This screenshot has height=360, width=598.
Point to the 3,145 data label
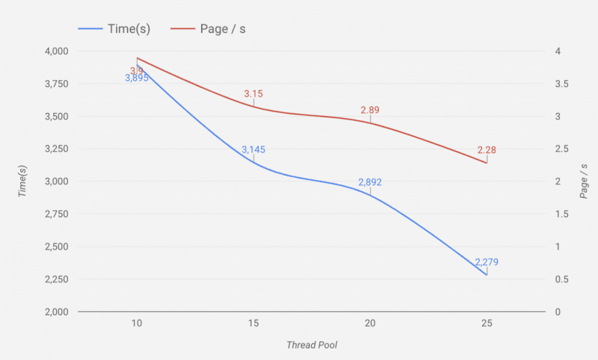tap(254, 150)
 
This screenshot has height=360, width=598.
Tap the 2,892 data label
tap(370, 183)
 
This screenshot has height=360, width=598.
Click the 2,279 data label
tap(486, 262)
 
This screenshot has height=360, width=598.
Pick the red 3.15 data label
tap(254, 94)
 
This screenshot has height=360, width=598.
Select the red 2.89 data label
tap(370, 110)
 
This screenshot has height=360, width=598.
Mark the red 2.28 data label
tap(486, 150)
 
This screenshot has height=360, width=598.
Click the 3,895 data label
tap(137, 78)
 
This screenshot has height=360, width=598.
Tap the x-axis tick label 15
tap(254, 323)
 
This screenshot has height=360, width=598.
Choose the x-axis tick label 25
tap(486, 323)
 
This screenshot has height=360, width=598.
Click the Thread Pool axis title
tap(311, 345)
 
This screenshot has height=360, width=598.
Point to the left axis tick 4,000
tap(55, 51)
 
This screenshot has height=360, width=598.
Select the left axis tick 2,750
tap(55, 215)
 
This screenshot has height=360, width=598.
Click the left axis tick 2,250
tap(55, 279)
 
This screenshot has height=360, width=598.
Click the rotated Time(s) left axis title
tap(23, 181)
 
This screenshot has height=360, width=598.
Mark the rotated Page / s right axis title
tap(584, 181)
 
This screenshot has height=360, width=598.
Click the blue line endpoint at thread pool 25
tap(486, 275)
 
